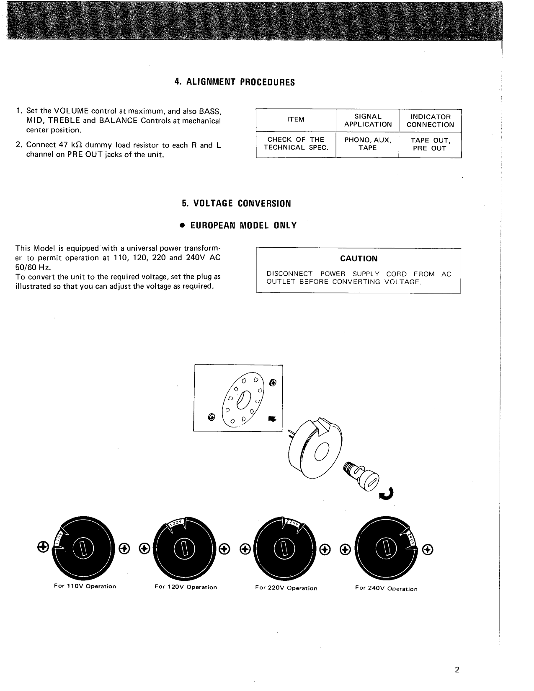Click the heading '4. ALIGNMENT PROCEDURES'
click(235, 82)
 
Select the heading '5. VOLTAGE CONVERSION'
click(236, 204)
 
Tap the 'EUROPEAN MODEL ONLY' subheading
click(238, 225)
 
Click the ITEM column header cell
click(296, 120)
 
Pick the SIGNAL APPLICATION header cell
click(368, 120)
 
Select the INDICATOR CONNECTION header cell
click(430, 121)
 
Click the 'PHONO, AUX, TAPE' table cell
click(368, 144)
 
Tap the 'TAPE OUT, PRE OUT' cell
click(430, 144)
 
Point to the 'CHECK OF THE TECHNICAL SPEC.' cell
click(296, 143)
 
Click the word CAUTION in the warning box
click(359, 259)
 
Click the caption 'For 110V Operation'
click(85, 586)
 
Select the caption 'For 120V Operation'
click(186, 587)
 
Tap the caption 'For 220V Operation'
click(286, 588)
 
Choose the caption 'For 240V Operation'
click(386, 588)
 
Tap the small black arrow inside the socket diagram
click(272, 418)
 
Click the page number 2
click(457, 669)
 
